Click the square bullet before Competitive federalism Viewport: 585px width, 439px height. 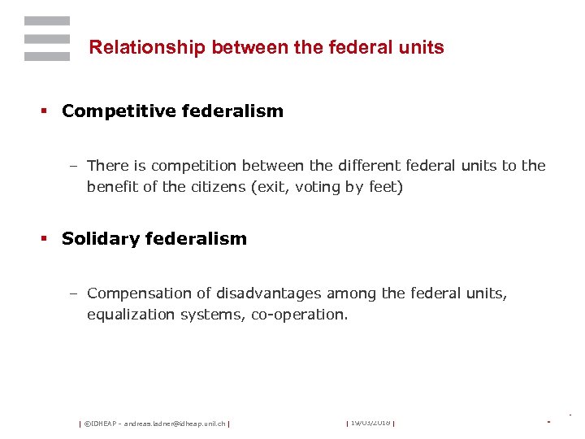(45, 112)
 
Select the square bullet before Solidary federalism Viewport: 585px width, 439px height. (45, 239)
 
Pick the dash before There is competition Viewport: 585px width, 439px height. (72, 166)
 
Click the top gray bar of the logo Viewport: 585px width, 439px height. (47, 20)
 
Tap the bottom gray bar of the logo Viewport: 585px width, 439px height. (47, 56)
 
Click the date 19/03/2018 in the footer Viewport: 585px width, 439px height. (370, 423)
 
